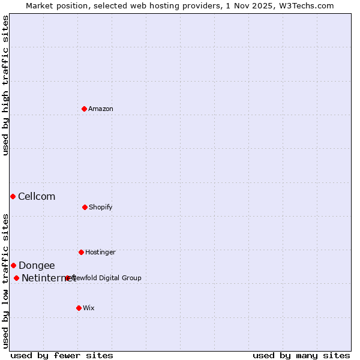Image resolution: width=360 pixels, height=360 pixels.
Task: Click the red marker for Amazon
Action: pos(85,109)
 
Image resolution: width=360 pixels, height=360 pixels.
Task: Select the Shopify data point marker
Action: pos(85,207)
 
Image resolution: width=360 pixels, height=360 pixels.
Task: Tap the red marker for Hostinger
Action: pos(81,252)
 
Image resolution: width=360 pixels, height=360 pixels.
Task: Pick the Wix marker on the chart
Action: pos(79,308)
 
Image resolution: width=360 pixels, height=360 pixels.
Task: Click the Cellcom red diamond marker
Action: pos(13,196)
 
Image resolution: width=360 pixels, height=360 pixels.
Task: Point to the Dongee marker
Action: pos(13,265)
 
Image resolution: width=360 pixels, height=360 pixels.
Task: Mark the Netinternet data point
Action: pos(16,278)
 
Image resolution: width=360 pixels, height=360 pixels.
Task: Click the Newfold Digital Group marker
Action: pos(68,278)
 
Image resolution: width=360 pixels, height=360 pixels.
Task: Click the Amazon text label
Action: pos(101,109)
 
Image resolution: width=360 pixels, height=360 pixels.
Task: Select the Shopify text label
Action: pos(101,207)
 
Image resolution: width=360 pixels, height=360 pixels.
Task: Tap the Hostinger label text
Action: pos(100,252)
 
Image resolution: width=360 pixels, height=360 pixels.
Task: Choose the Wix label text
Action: pos(89,308)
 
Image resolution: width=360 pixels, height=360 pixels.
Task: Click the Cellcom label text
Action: pos(37,196)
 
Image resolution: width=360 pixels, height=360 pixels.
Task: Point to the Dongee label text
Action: pos(37,265)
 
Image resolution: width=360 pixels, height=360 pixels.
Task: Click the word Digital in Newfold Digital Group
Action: pos(108,278)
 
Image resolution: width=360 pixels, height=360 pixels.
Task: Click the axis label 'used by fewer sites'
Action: pos(62,355)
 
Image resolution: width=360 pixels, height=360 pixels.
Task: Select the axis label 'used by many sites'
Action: pos(301,355)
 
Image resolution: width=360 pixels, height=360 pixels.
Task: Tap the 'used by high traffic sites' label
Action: pos(5,85)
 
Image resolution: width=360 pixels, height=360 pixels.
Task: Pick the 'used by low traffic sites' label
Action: pos(5,281)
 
